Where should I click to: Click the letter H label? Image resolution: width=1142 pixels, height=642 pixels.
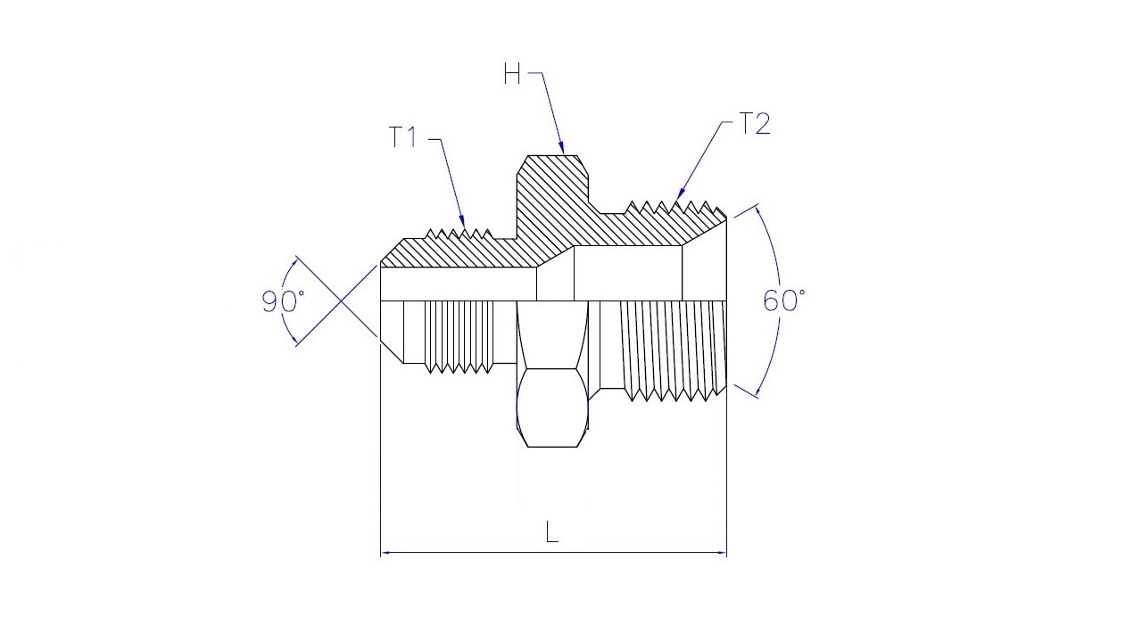[512, 74]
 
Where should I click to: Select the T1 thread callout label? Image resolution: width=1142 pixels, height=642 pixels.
[403, 136]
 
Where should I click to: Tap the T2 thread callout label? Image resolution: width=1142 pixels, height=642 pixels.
[755, 124]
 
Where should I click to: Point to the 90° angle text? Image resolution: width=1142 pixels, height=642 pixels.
[283, 301]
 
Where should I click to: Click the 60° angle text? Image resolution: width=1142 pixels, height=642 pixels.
[784, 300]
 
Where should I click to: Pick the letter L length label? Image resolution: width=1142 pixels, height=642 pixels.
[551, 532]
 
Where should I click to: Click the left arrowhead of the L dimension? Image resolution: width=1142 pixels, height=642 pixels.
[386, 552]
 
